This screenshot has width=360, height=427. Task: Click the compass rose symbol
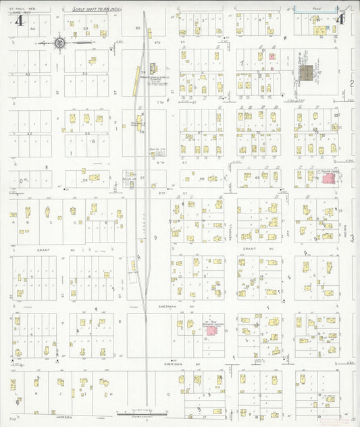(x=60, y=43)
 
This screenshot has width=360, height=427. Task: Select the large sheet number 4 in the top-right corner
(x=340, y=19)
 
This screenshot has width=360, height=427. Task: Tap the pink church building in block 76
(x=330, y=178)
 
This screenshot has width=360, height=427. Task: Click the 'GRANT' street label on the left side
(x=37, y=249)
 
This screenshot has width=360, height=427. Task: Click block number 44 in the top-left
(x=29, y=30)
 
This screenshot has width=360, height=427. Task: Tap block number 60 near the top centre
(x=137, y=28)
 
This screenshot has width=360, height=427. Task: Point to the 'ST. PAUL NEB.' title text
(x=23, y=9)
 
